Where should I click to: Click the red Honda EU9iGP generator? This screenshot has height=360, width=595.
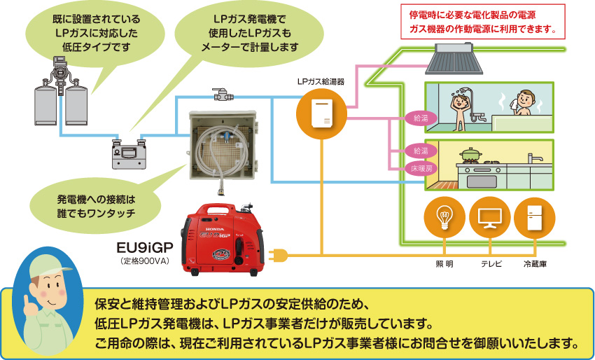223,240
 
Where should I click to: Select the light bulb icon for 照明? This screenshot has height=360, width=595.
444,218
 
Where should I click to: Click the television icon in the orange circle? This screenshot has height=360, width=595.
489,218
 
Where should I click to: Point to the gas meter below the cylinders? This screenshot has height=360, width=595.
129,154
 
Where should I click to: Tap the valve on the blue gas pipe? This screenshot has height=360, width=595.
223,94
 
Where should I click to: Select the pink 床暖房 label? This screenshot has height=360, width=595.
421,168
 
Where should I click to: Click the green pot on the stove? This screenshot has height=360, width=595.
470,155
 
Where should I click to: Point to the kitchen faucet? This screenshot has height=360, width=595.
534,158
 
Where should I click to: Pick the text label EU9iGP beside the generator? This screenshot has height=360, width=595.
145,248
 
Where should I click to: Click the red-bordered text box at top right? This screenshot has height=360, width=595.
483,22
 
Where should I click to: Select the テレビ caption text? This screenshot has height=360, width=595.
491,264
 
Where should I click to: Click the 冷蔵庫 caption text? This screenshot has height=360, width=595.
535,264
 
